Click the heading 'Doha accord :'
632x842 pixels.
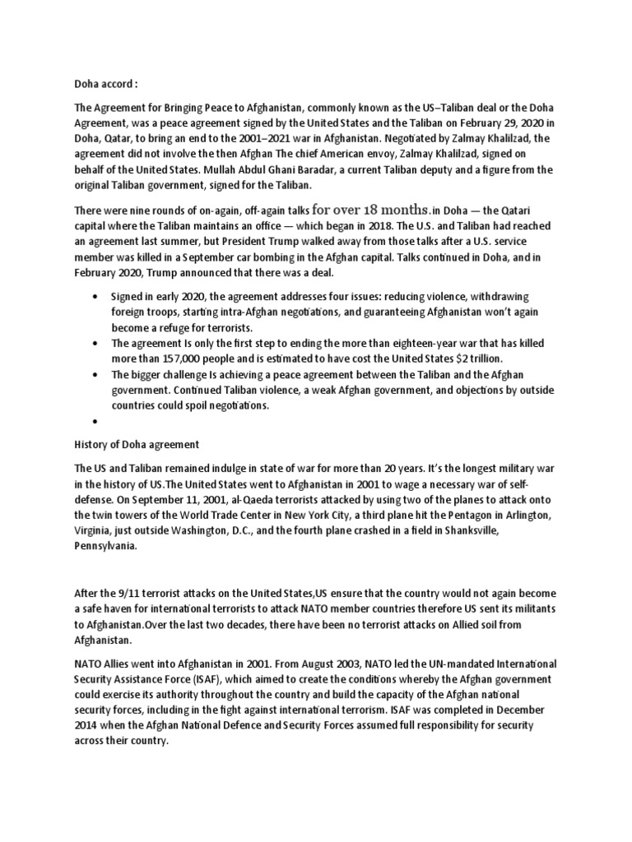coord(102,83)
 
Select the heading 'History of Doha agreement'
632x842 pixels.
coord(137,444)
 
